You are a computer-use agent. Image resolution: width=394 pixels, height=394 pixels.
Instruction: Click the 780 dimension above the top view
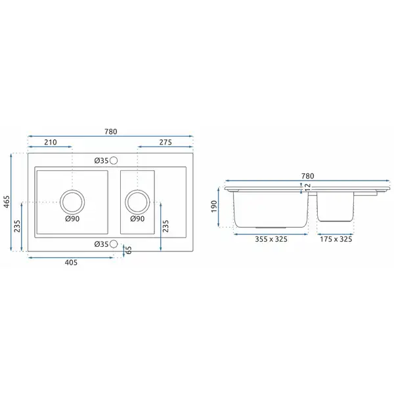click(111, 131)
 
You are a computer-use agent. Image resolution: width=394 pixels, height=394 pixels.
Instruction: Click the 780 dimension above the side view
click(307, 176)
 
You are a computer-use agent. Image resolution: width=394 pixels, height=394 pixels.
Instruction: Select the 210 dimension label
click(51, 142)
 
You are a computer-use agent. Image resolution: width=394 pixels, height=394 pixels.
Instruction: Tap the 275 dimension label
click(165, 142)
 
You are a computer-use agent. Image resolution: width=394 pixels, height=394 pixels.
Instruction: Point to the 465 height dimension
click(7, 202)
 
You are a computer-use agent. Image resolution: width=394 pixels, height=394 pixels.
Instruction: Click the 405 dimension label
click(71, 263)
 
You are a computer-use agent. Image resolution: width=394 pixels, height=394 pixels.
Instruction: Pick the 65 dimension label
click(128, 250)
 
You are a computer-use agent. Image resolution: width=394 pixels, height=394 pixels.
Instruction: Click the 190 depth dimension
click(214, 207)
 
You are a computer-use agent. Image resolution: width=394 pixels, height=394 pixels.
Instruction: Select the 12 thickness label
click(307, 187)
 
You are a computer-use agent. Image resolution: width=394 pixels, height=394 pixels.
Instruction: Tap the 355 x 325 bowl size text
click(271, 239)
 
